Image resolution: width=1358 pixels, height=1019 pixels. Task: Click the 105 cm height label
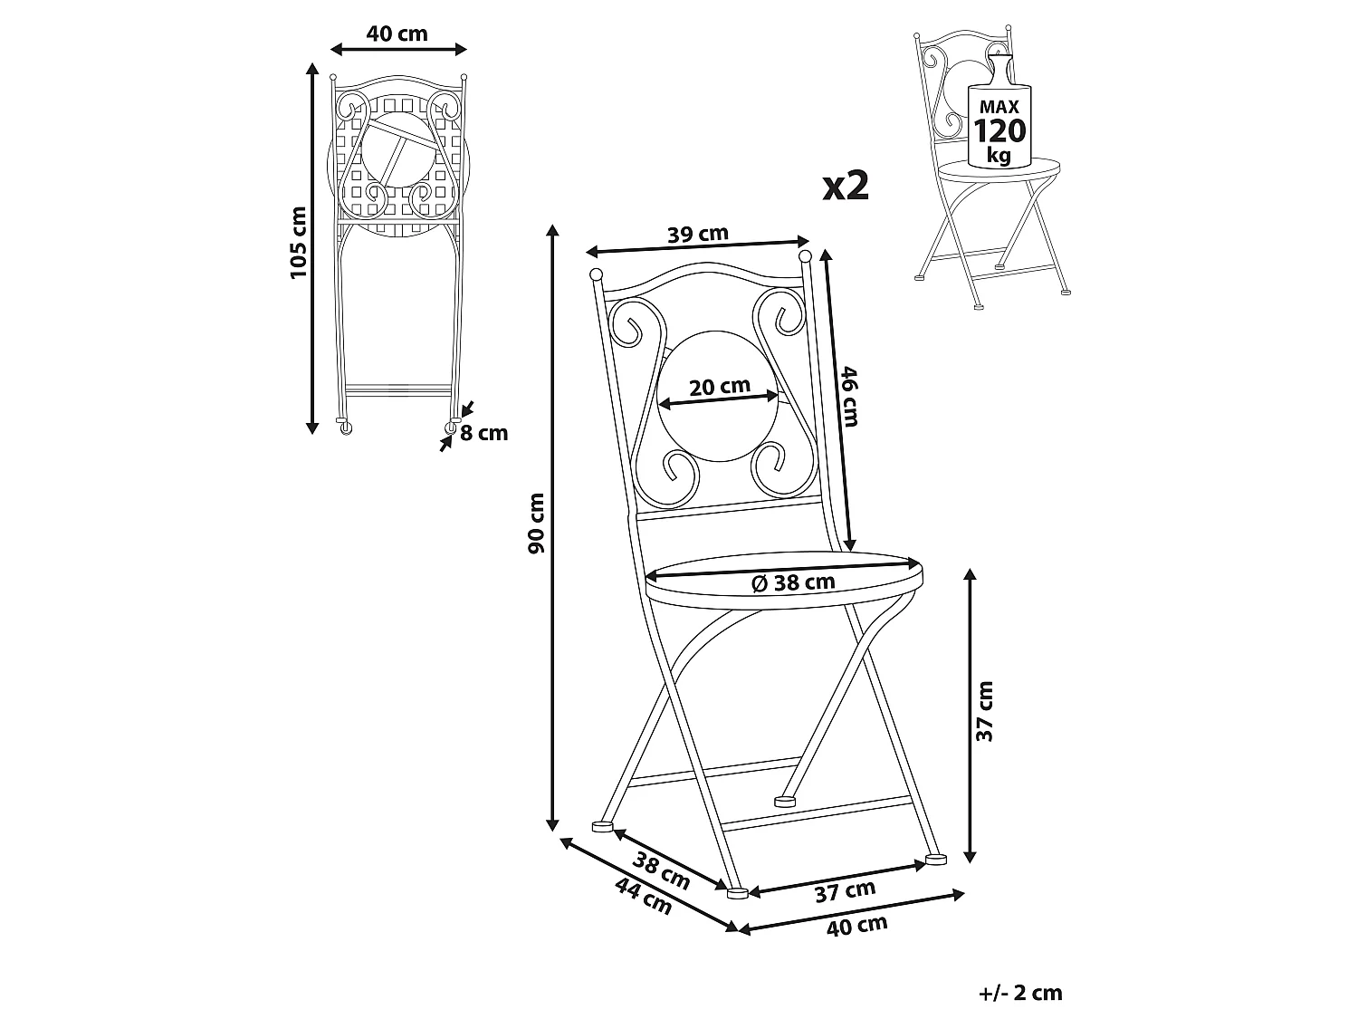click(x=299, y=243)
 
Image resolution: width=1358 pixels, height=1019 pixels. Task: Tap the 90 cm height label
click(x=536, y=523)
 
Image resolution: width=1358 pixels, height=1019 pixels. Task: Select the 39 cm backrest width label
click(x=698, y=234)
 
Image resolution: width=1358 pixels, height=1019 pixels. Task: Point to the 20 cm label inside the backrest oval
click(x=720, y=387)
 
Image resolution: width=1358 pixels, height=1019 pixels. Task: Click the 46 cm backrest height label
click(x=849, y=396)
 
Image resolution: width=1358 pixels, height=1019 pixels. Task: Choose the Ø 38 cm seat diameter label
click(x=793, y=582)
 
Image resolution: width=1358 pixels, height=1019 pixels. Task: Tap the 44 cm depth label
click(x=644, y=896)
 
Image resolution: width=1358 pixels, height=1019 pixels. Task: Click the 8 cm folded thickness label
click(x=483, y=433)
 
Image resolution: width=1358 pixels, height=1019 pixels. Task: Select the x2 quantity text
click(x=846, y=187)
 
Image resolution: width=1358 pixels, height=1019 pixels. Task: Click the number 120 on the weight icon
click(x=999, y=130)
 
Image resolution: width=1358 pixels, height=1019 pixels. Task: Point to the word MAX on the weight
click(x=999, y=107)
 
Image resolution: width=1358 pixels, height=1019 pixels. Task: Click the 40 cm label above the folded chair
click(x=397, y=34)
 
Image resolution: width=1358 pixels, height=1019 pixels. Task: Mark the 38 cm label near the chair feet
click(x=662, y=870)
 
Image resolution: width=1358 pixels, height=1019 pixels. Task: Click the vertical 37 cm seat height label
click(x=984, y=712)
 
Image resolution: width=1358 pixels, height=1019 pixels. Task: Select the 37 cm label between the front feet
click(x=845, y=890)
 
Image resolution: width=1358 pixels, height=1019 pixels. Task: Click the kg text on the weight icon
click(x=999, y=155)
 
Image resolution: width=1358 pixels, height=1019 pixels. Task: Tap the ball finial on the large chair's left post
click(x=596, y=274)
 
